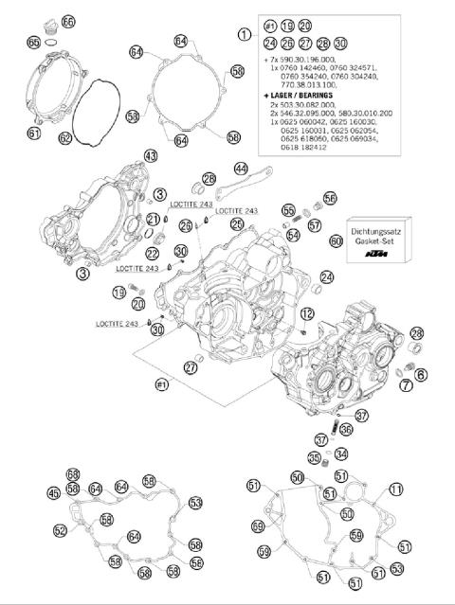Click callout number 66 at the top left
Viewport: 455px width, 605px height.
[67, 21]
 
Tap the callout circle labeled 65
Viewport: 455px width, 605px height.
[34, 43]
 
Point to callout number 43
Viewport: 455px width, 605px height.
[150, 154]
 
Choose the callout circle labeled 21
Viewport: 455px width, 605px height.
[152, 220]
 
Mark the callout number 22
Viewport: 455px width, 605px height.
[153, 254]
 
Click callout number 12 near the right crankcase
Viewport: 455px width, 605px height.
[307, 313]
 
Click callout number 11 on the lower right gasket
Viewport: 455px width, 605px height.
[395, 489]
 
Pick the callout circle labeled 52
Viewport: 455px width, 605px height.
[61, 530]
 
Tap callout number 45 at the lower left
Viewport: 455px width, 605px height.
[53, 492]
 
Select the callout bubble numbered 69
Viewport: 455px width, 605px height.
[258, 525]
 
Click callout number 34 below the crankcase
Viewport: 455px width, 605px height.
[342, 454]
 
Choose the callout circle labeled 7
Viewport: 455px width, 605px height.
[407, 385]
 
